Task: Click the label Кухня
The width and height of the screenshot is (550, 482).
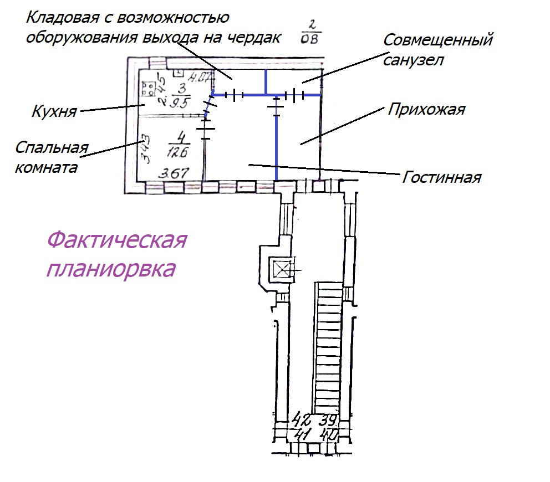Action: tap(54, 112)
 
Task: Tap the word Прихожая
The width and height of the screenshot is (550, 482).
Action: tap(426, 109)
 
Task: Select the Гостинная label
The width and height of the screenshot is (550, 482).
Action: tap(441, 178)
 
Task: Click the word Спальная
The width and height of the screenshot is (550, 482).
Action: tap(52, 149)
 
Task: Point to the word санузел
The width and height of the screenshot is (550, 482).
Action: tap(414, 60)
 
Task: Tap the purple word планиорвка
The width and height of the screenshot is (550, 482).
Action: tap(111, 269)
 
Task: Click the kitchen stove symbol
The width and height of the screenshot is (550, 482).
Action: tap(148, 90)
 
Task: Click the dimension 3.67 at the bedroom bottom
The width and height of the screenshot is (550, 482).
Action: tap(172, 174)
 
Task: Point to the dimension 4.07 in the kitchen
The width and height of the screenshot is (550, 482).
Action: tap(197, 77)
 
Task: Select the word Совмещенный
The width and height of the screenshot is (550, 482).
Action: tap(438, 40)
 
